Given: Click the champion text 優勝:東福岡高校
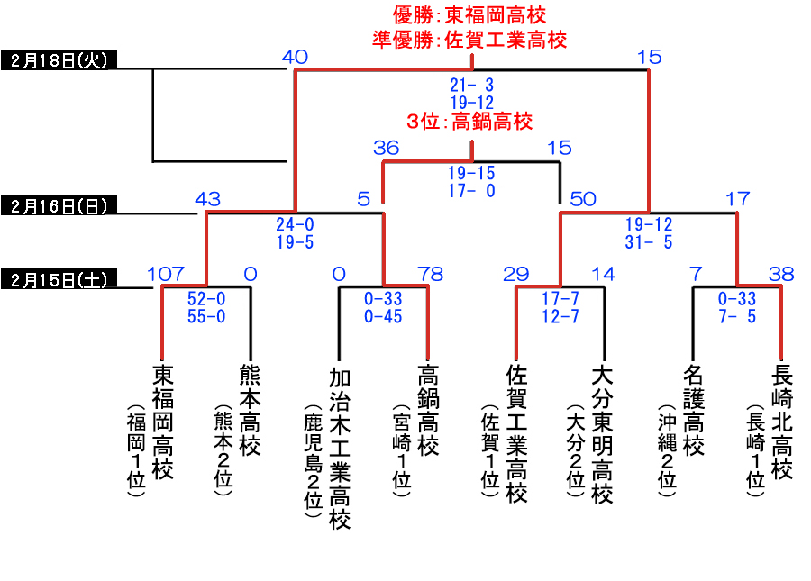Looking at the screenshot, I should click(x=469, y=15).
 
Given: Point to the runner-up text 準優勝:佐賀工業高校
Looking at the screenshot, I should click(x=469, y=40).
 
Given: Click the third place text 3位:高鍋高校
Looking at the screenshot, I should click(x=469, y=122).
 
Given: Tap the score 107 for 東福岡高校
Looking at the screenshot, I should click(x=165, y=274).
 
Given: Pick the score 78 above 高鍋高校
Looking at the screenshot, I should click(x=431, y=274).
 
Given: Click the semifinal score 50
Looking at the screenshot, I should click(x=583, y=199).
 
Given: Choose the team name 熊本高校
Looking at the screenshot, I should click(x=250, y=411).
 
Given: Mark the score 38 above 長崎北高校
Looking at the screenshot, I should click(x=781, y=274).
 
